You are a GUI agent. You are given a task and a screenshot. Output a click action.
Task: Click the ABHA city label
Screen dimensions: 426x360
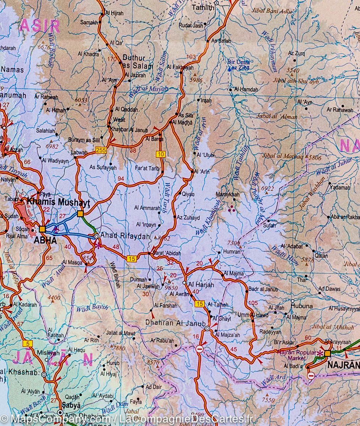point(45,240)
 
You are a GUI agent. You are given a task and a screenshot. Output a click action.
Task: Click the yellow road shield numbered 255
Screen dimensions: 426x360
point(101,151)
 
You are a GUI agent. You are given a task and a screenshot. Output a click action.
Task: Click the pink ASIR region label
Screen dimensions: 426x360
point(40,26)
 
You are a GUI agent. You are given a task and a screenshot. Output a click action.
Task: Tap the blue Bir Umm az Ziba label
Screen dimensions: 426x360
point(238,64)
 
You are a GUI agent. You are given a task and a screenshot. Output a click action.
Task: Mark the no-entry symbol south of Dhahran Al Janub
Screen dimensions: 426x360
point(199,349)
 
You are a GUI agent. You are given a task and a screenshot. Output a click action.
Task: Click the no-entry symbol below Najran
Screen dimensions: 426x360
point(311,375)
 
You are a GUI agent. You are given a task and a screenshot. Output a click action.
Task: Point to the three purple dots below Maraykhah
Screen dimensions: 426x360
point(232,208)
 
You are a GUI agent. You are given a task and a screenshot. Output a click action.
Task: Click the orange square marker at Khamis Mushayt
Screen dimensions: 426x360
point(80,213)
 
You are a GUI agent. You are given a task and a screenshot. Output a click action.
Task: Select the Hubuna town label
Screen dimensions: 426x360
point(302,306)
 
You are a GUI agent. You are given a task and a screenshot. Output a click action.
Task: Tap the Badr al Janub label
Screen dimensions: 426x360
point(263,289)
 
